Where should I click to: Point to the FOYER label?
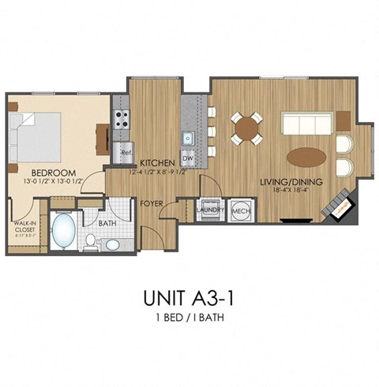click(152, 203)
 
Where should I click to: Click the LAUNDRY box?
click(212, 210)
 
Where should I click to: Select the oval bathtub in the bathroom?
click(62, 233)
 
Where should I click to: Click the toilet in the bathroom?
click(91, 240)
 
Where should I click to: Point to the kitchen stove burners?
click(123, 119)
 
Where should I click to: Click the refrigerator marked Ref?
click(125, 150)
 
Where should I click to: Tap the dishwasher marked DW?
click(188, 158)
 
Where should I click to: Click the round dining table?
click(246, 128)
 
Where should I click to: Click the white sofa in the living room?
click(307, 124)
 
